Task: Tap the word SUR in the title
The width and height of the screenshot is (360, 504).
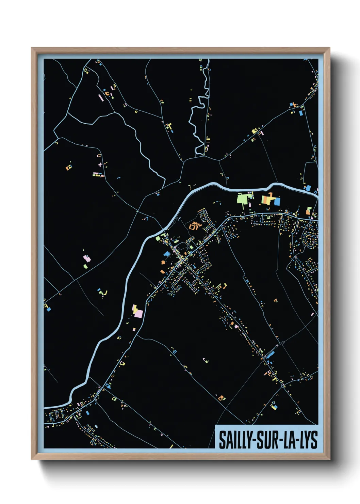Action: (x=266, y=440)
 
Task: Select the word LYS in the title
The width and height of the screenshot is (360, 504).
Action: (x=308, y=440)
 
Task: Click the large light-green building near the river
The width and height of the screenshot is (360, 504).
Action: (x=242, y=198)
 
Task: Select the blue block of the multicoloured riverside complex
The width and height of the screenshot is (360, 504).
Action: (x=277, y=202)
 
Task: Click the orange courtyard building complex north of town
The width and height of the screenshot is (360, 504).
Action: (x=194, y=225)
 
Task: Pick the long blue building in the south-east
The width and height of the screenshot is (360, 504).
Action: (x=270, y=355)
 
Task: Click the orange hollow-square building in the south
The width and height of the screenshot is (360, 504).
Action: (x=222, y=397)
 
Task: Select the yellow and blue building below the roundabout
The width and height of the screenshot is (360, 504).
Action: (x=273, y=406)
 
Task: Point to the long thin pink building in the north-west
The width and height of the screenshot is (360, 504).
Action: (x=100, y=97)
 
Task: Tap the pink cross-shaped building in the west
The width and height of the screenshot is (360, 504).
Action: (x=100, y=165)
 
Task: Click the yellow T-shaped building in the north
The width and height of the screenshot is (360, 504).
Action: (x=168, y=126)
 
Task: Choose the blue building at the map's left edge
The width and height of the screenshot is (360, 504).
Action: (x=48, y=309)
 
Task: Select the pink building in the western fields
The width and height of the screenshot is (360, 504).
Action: (x=87, y=259)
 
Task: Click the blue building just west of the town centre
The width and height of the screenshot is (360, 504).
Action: (x=166, y=254)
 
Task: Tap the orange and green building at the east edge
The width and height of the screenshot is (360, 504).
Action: (x=308, y=211)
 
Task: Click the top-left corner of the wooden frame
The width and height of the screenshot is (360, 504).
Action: (x=32, y=48)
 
